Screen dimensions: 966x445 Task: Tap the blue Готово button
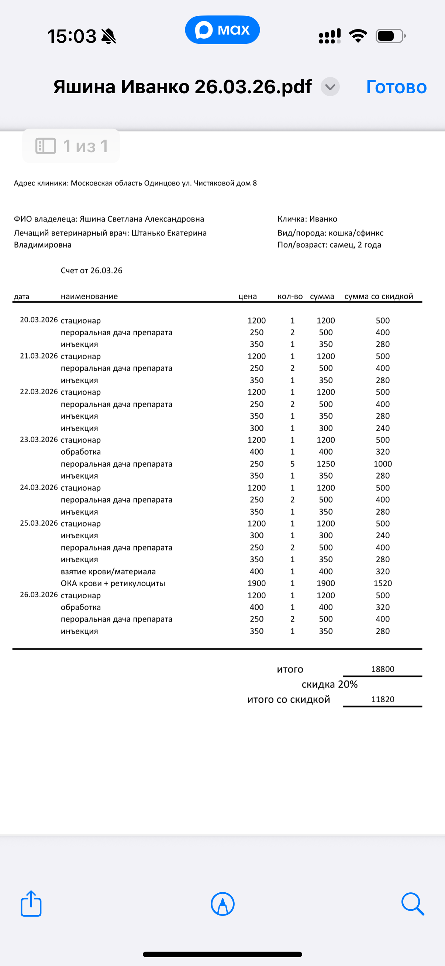click(396, 87)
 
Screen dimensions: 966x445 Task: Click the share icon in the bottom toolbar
click(31, 904)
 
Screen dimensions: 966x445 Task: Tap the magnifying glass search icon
click(412, 904)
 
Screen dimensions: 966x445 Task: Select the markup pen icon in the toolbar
click(223, 904)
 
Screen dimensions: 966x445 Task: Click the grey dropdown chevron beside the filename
click(330, 87)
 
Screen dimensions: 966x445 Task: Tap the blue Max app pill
click(222, 29)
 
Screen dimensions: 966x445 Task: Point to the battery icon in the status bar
click(390, 36)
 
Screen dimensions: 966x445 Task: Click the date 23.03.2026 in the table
click(39, 440)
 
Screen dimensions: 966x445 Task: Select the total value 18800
click(383, 669)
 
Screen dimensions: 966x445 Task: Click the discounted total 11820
click(383, 699)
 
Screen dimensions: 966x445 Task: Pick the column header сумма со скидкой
click(379, 296)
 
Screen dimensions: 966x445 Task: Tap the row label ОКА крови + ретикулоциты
click(113, 583)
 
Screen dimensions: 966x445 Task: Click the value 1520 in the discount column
click(383, 583)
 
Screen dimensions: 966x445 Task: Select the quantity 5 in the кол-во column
click(292, 464)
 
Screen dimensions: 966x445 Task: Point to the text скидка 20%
click(330, 685)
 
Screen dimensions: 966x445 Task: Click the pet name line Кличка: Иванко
click(307, 219)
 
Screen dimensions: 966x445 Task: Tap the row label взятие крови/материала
click(108, 571)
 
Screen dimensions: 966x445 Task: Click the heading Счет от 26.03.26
click(91, 270)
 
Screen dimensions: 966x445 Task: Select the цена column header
click(248, 296)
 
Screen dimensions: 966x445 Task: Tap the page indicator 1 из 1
click(71, 146)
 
